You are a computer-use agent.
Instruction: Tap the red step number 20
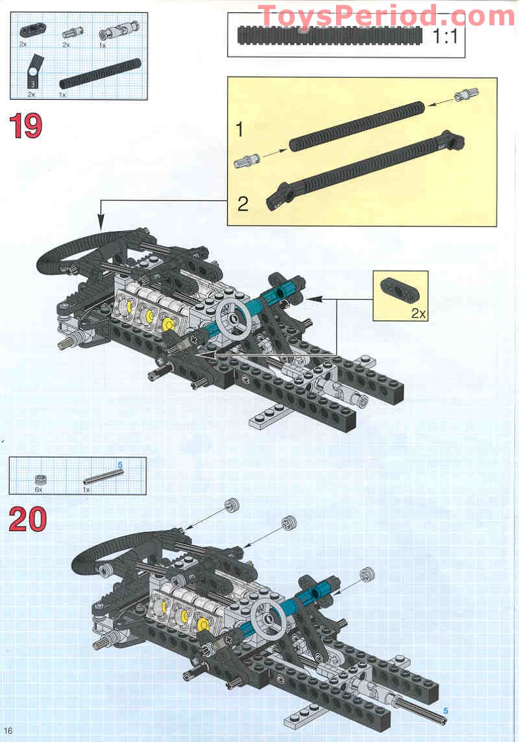27,519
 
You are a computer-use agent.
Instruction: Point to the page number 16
8,731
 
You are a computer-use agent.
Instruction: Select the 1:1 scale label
445,36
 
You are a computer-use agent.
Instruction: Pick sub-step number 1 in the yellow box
239,130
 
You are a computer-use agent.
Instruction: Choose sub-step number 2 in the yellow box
242,204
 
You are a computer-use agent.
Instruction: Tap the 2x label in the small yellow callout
418,313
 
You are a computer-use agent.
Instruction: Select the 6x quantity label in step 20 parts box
38,490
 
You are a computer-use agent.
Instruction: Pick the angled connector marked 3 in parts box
32,74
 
